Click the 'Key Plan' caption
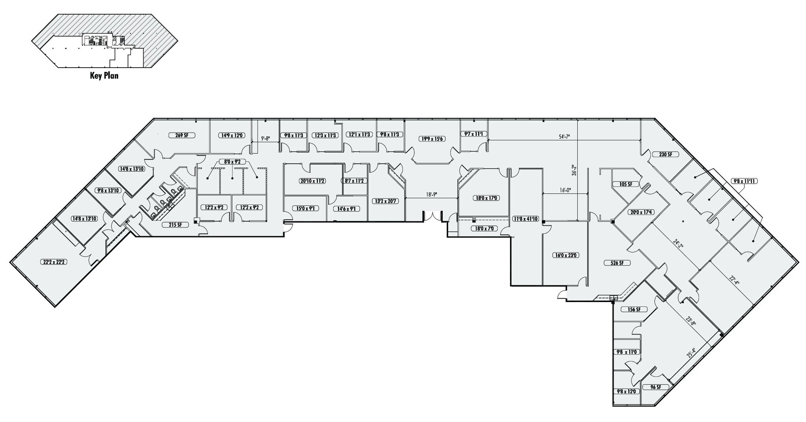(x=104, y=76)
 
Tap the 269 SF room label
(x=182, y=135)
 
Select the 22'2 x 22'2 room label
(x=52, y=262)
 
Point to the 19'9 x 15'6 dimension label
(x=432, y=139)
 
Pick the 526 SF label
(x=617, y=263)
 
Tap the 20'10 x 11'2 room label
(x=312, y=181)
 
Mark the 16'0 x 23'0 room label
(x=565, y=255)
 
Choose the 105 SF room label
(x=626, y=184)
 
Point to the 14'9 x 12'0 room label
(x=232, y=135)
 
